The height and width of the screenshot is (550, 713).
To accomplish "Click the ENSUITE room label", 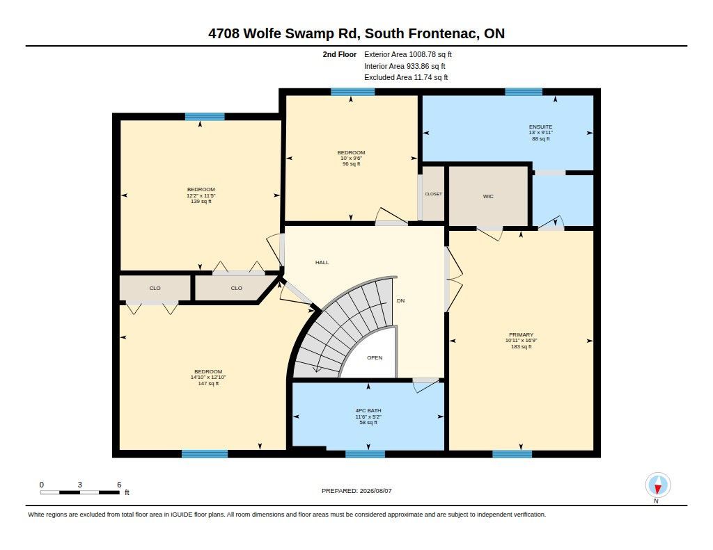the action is point(540,127).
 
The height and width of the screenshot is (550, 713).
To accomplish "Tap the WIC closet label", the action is point(488,197).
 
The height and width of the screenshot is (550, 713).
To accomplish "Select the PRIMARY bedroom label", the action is point(521,334).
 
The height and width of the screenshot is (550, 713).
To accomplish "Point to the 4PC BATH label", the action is point(368,410).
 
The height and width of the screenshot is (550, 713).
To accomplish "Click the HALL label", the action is point(322,263).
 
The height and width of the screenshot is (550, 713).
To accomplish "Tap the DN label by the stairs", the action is point(400,300).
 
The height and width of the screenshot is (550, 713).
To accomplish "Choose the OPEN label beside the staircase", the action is point(375,358).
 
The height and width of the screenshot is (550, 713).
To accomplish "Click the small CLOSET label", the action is point(433,194).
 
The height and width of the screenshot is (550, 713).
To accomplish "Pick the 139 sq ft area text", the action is point(201,201).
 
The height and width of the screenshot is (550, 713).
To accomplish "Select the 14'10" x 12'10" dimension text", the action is point(208,378).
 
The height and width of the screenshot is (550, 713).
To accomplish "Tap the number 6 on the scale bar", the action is point(119,485).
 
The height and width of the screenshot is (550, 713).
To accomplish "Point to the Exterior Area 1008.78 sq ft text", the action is point(408,54).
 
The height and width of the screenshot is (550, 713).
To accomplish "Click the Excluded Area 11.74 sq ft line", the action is point(406,78).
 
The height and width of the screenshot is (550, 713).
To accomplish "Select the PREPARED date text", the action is point(356,491).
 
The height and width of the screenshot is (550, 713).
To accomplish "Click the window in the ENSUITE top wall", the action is point(524,92).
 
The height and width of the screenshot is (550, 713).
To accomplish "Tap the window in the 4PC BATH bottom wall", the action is point(365,454).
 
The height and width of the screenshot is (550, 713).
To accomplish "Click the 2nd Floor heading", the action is point(340,54).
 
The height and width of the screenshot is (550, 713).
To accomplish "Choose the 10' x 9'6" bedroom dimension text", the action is point(351,159).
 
